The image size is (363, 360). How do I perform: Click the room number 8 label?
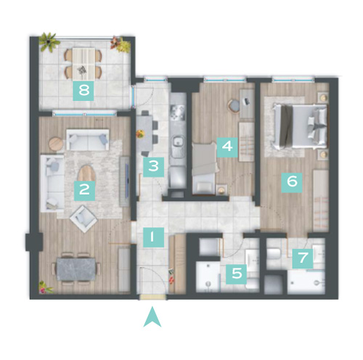click(x=83, y=91)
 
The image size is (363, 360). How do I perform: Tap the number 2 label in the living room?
click(x=84, y=190)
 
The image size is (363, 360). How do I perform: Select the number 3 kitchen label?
click(x=153, y=167)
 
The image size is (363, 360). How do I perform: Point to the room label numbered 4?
click(x=227, y=147)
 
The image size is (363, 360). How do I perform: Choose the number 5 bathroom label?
click(x=237, y=274)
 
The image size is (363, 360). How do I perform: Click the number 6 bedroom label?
click(x=292, y=182)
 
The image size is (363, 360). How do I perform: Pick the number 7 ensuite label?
click(x=303, y=258)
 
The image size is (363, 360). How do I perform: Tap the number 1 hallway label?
click(x=153, y=237)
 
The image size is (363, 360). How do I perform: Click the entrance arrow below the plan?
click(x=152, y=317)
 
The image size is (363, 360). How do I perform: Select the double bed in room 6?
click(x=300, y=127)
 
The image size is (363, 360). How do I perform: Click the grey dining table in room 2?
click(x=76, y=269)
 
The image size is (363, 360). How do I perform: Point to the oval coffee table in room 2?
click(x=86, y=173)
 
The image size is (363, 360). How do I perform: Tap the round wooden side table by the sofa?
click(x=56, y=144)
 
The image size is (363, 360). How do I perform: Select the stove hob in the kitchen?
click(x=178, y=111)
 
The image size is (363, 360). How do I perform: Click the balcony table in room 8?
click(x=83, y=64)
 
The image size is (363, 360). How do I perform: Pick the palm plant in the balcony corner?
click(x=49, y=42)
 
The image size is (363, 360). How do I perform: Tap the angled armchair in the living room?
click(x=83, y=219)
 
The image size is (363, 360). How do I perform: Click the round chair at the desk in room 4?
click(x=234, y=105)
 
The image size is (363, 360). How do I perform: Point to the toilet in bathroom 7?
click(x=273, y=253)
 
